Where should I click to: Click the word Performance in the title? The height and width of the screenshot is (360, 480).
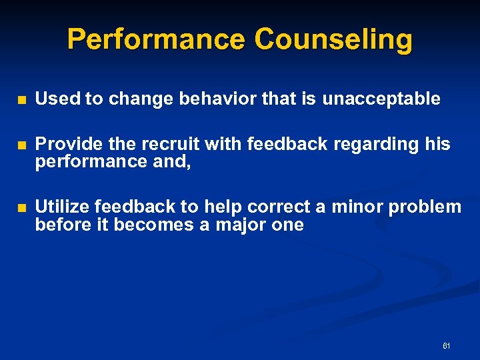pyautogui.click(x=156, y=39)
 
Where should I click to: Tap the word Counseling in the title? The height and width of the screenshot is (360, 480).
pyautogui.click(x=333, y=39)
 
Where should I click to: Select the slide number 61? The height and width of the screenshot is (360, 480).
pyautogui.click(x=446, y=346)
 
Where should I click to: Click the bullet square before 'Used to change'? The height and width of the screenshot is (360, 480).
pyautogui.click(x=22, y=100)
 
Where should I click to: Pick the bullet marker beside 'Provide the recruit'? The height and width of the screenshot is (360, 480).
pyautogui.click(x=22, y=145)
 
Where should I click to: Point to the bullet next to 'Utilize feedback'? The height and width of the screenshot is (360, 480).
pyautogui.click(x=22, y=208)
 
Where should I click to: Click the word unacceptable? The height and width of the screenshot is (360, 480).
pyautogui.click(x=381, y=99)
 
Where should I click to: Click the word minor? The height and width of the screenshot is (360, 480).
pyautogui.click(x=357, y=207)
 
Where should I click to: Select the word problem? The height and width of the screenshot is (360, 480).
pyautogui.click(x=425, y=207)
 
